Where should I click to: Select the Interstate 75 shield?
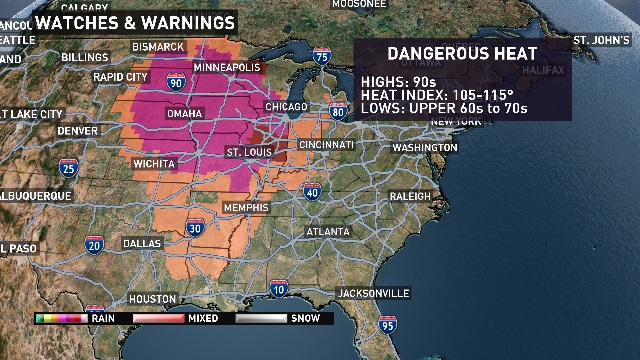coord(322,58)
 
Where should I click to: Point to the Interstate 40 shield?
coord(312,192)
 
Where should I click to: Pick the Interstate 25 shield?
coord(68,168)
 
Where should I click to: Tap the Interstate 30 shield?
coord(196,230)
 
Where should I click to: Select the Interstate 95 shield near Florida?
coord(387,324)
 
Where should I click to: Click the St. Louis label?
coord(249,152)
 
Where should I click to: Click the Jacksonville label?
coord(373,293)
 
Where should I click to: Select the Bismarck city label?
coord(159,47)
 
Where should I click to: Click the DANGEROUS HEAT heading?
coord(462,54)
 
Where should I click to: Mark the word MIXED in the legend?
coord(204,318)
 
